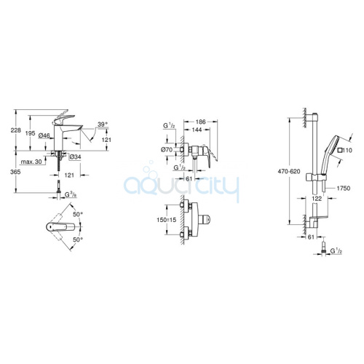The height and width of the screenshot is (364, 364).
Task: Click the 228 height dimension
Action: tap(16, 130)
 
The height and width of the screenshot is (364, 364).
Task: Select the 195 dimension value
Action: tap(31, 133)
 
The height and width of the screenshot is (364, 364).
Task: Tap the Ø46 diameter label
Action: tap(44, 136)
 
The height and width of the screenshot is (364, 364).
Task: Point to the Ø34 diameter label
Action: tap(75, 157)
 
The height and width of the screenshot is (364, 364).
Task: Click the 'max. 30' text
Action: tap(31, 162)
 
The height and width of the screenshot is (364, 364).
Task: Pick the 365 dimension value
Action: tap(16, 172)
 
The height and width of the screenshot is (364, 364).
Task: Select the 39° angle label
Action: tap(102, 124)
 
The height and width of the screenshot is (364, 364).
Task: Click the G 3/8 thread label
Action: tap(71, 194)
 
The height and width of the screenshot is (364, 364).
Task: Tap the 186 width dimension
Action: tap(201, 122)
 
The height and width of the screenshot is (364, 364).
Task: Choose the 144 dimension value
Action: tap(197, 130)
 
